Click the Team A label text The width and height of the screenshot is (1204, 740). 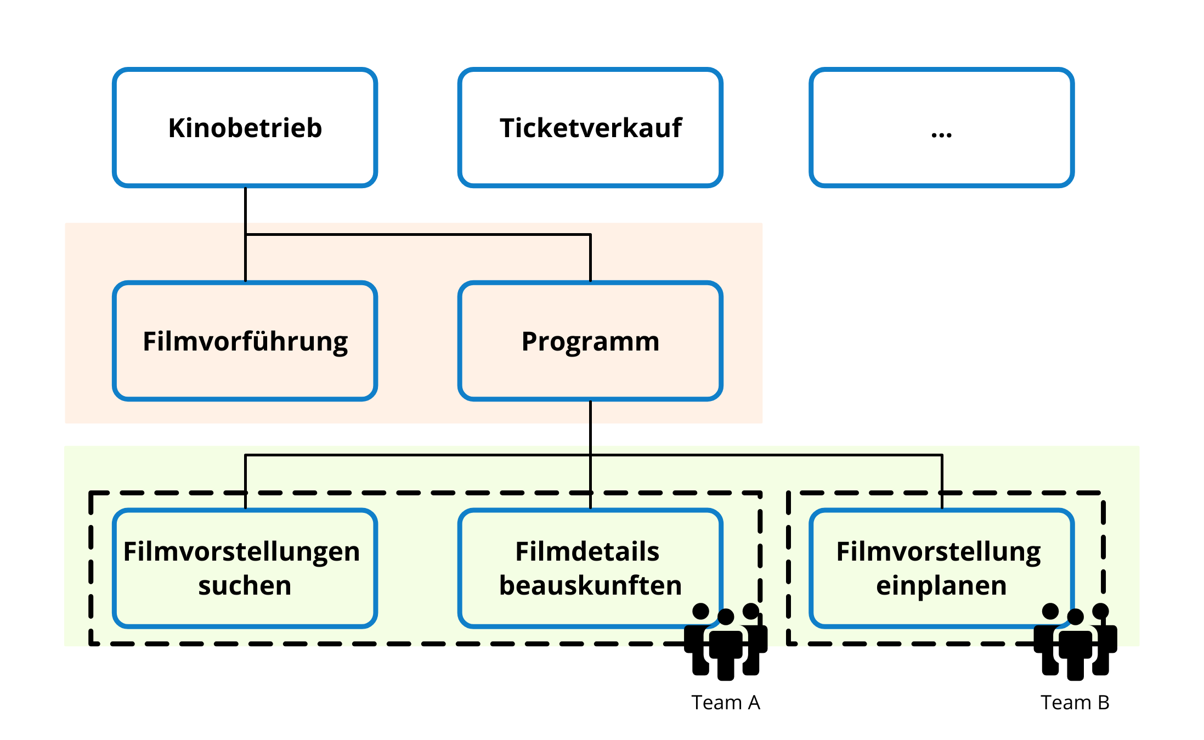coord(725,703)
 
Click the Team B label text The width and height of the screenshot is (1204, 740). coord(1075,703)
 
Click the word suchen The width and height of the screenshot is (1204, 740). coord(245,586)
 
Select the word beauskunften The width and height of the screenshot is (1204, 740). coord(590,586)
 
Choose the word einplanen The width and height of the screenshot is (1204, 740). coord(941,586)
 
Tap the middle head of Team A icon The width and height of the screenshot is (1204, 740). coord(726,617)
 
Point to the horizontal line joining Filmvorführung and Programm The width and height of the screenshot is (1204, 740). coord(417,235)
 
